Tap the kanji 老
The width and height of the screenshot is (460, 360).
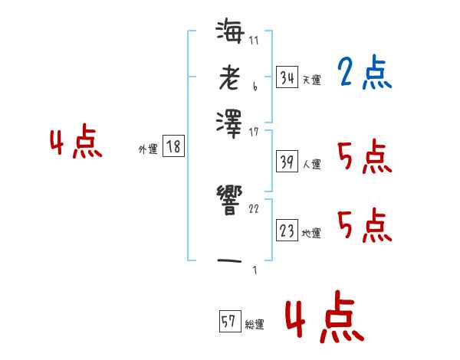[x=230, y=77]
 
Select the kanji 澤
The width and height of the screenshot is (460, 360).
[x=230, y=121]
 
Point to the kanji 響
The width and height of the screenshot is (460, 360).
[x=230, y=200]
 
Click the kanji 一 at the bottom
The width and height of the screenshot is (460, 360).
[x=230, y=260]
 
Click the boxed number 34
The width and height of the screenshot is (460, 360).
[x=287, y=78]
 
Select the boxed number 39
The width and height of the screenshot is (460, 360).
[x=287, y=162]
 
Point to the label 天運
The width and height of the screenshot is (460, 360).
[x=311, y=80]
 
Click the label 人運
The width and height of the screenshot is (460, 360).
[x=311, y=163]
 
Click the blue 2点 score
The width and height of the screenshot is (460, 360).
[x=364, y=74]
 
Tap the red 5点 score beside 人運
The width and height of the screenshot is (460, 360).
[x=364, y=158]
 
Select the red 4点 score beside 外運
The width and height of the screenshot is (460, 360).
[x=76, y=143]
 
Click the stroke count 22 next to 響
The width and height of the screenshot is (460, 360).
[x=254, y=208]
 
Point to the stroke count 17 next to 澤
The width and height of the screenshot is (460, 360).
[x=254, y=132]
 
